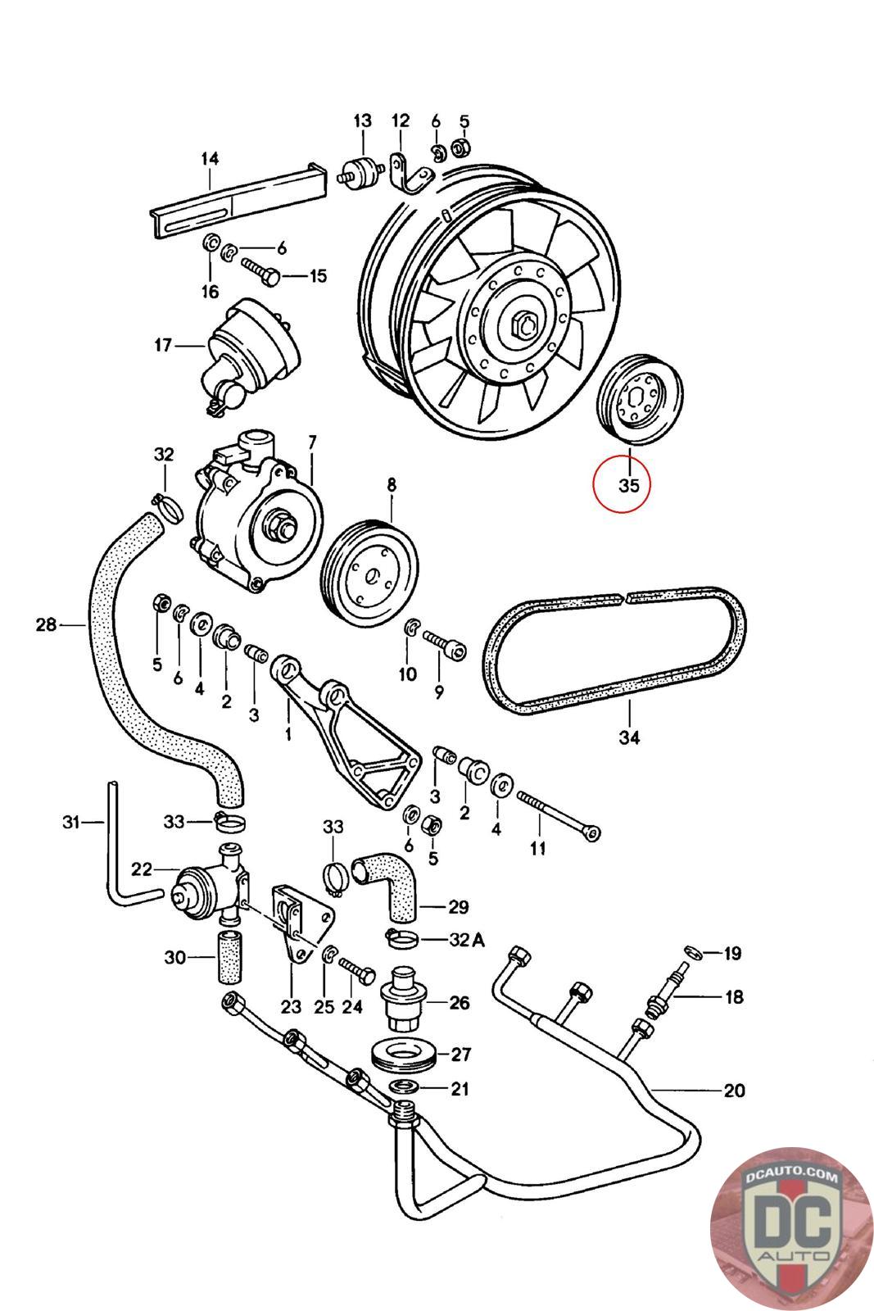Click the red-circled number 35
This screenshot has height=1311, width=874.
pyautogui.click(x=628, y=486)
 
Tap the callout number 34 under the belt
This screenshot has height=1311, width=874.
pyautogui.click(x=628, y=737)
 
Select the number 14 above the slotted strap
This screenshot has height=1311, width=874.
pyautogui.click(x=210, y=158)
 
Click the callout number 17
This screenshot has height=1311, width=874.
pyautogui.click(x=162, y=345)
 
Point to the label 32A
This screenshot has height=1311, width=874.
pyautogui.click(x=468, y=940)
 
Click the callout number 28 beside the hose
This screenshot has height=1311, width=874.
pyautogui.click(x=46, y=625)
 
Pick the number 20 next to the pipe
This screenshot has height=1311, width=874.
pyautogui.click(x=734, y=1090)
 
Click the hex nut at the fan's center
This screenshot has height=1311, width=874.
pyautogui.click(x=522, y=326)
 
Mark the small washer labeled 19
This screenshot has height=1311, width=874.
pyautogui.click(x=692, y=952)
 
